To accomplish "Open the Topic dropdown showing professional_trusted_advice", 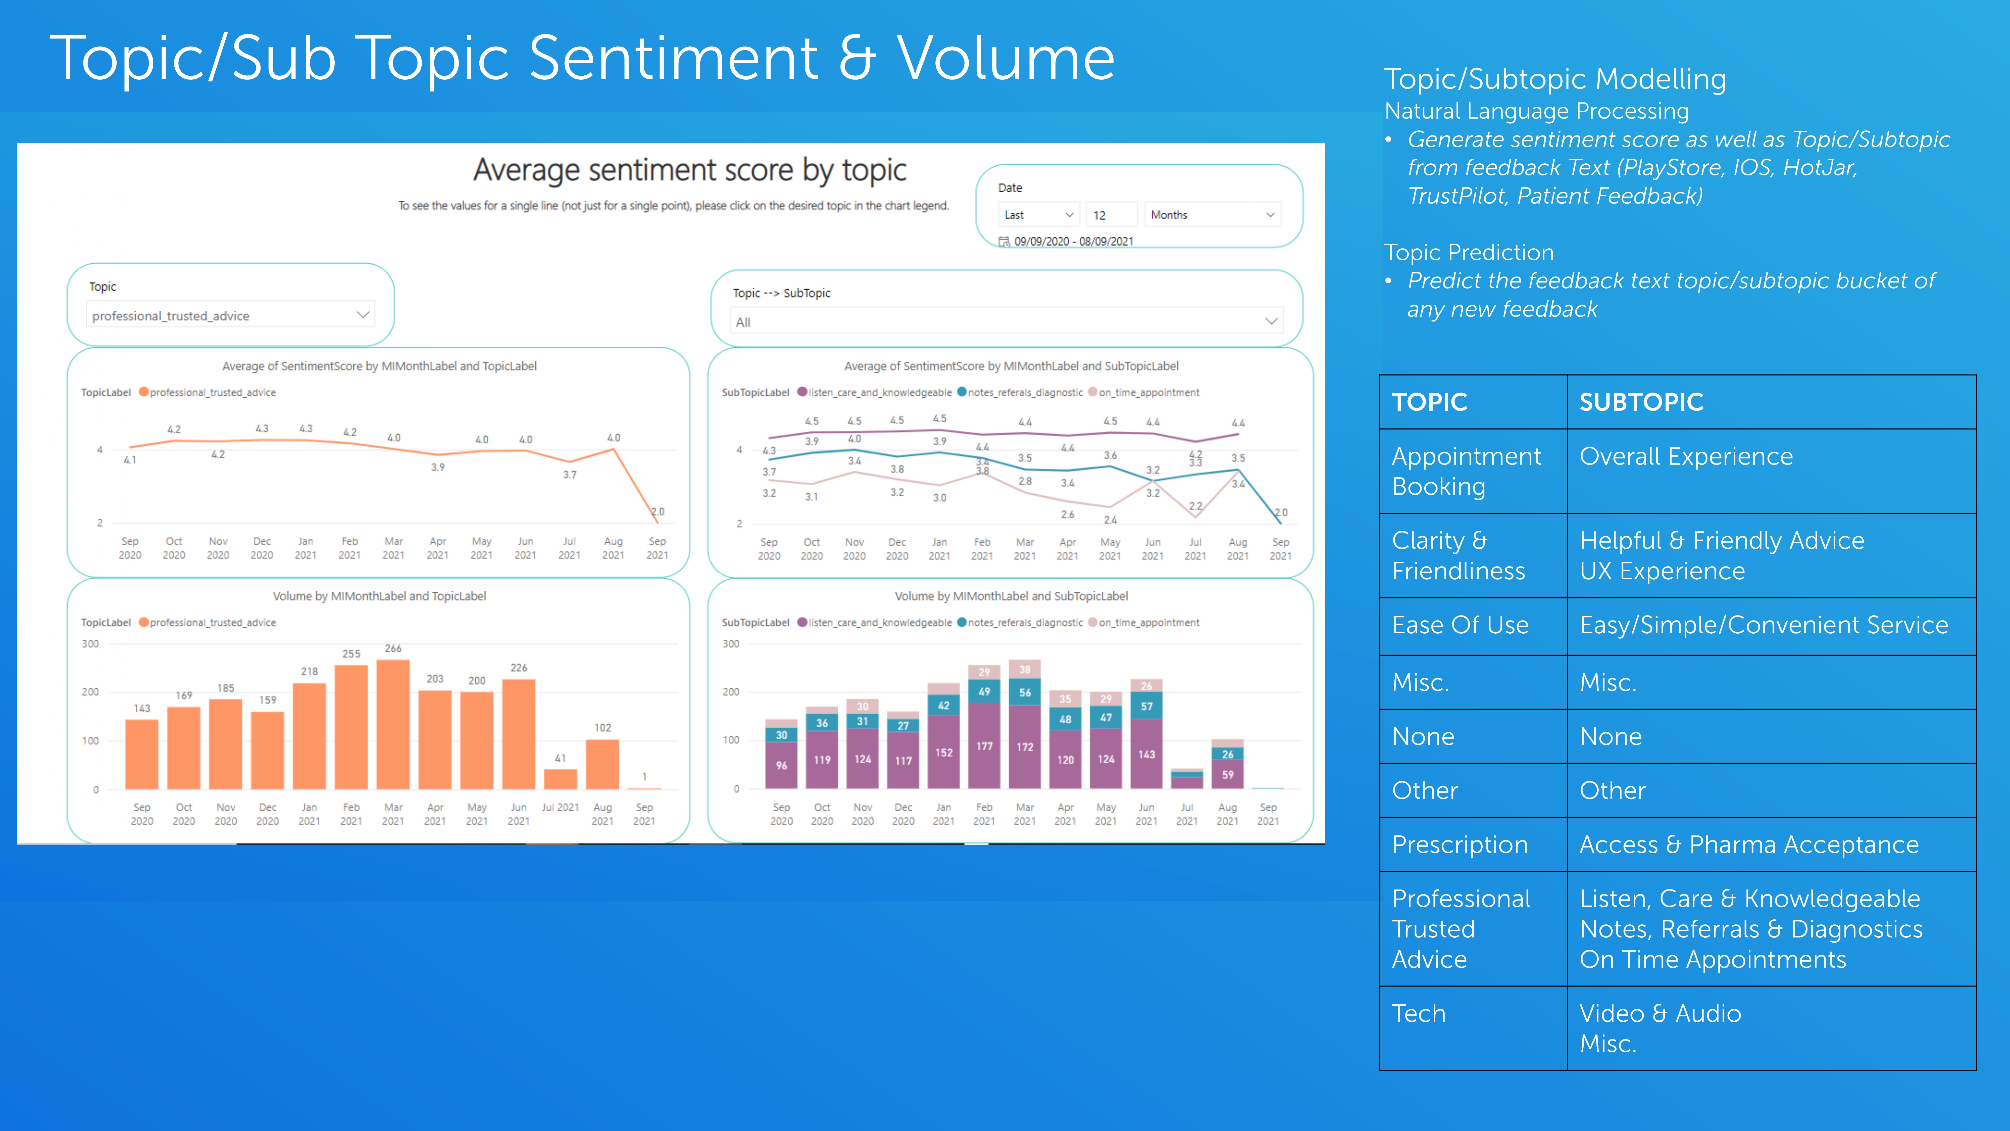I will tap(230, 315).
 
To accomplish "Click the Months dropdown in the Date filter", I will tap(1212, 215).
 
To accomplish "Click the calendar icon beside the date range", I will tap(1004, 242).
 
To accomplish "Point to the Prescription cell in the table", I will tap(1459, 844).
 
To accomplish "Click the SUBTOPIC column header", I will tap(1641, 402).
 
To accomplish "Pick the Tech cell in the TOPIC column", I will tap(1419, 1013).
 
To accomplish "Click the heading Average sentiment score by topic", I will tap(690, 170).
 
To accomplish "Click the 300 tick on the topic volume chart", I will tap(90, 644).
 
